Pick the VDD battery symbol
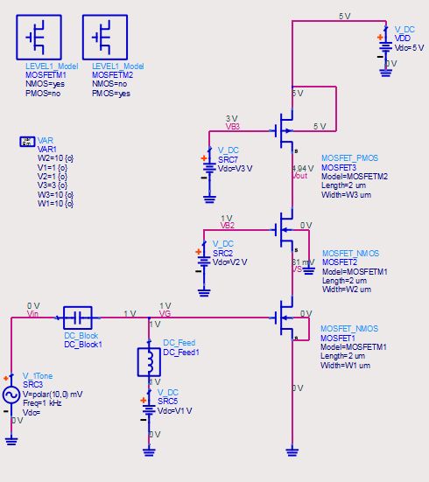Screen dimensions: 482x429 [383, 44]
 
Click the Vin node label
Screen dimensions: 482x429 [32, 312]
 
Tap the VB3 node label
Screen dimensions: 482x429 [232, 126]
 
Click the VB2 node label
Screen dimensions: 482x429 [227, 225]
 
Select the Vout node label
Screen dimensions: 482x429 [300, 175]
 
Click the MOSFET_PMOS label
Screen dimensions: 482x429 [350, 157]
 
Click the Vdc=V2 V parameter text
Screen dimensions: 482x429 [230, 261]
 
